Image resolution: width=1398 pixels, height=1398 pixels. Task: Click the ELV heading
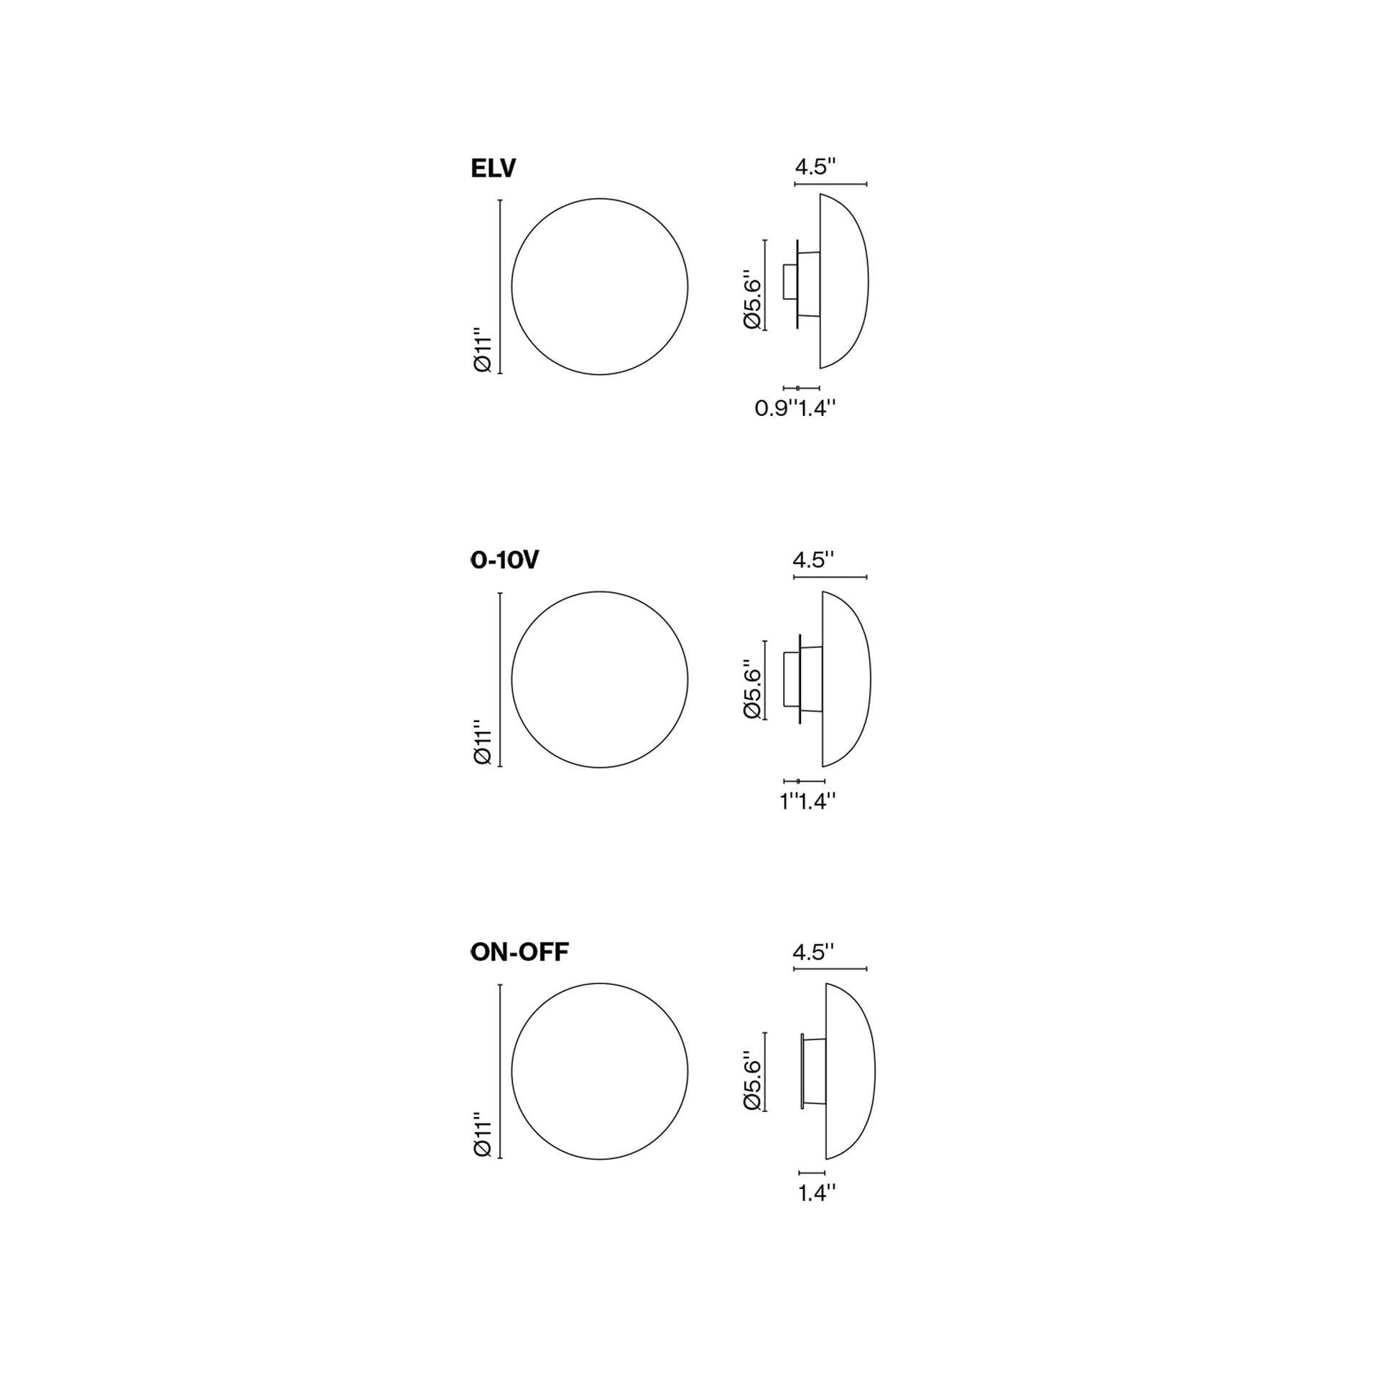pyautogui.click(x=493, y=169)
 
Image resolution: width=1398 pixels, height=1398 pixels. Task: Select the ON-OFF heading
pyautogui.click(x=519, y=953)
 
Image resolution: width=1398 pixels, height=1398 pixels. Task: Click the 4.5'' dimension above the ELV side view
pyautogui.click(x=815, y=167)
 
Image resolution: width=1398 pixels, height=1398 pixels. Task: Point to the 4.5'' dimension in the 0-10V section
pyautogui.click(x=813, y=560)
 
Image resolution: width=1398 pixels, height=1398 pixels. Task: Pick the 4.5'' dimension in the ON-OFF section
pyautogui.click(x=813, y=953)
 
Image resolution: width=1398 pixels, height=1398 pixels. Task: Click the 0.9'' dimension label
pyautogui.click(x=775, y=408)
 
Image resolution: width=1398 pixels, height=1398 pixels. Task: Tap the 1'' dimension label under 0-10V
pyautogui.click(x=788, y=801)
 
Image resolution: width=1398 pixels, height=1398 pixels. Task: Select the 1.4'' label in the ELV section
pyautogui.click(x=817, y=408)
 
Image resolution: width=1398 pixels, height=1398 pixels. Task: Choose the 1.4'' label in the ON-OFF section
pyautogui.click(x=817, y=1193)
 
